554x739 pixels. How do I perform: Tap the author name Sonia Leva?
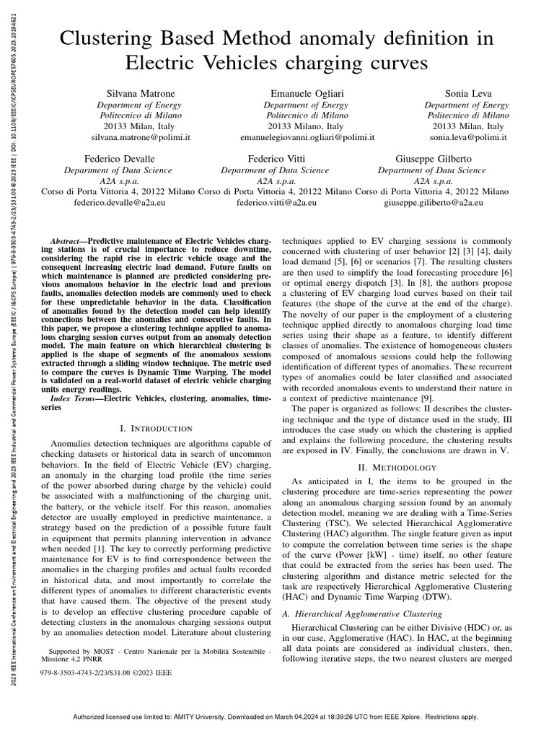467,93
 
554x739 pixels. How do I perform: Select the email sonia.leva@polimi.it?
467,136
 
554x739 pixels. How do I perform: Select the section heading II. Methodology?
395,468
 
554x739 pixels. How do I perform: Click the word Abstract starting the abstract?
69,240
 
